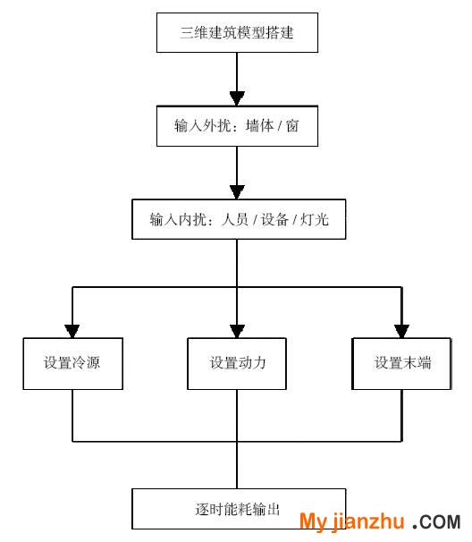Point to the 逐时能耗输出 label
[237, 509]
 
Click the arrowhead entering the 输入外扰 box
[237, 98]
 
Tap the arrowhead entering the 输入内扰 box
[237, 192]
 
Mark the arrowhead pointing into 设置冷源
[72, 331]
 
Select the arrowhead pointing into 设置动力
[237, 331]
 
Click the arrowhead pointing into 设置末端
[401, 331]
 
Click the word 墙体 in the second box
[259, 126]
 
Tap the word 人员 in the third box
[234, 219]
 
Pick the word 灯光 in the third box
[315, 219]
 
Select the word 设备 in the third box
[274, 219]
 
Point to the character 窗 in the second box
[292, 126]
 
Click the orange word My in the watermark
[313, 521]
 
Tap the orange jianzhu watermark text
[368, 521]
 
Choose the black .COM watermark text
[437, 522]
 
